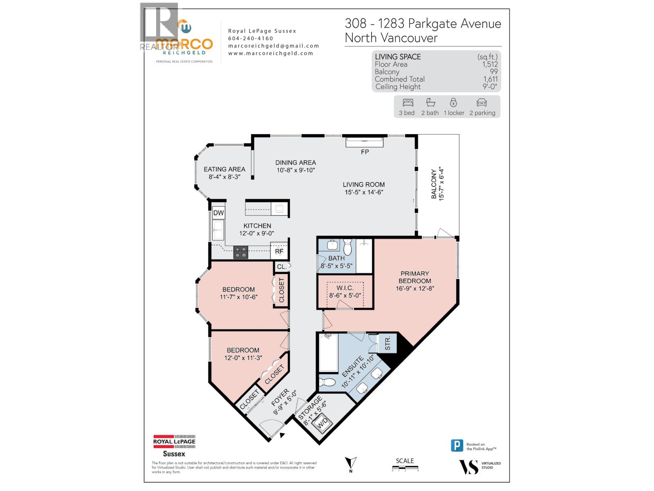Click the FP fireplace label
pyautogui.click(x=365, y=152)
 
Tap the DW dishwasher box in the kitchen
pyautogui.click(x=219, y=213)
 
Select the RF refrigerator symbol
pyautogui.click(x=279, y=251)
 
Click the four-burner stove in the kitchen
pyautogui.click(x=241, y=252)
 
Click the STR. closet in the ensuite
pyautogui.click(x=387, y=343)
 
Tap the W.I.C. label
pyautogui.click(x=345, y=288)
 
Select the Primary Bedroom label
pyautogui.click(x=414, y=277)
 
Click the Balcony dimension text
pyautogui.click(x=441, y=183)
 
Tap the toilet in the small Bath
pyautogui.click(x=347, y=248)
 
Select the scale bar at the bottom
pyautogui.click(x=405, y=468)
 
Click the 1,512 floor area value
pyautogui.click(x=490, y=64)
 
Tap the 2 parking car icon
pyautogui.click(x=482, y=102)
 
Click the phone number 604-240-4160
pyautogui.click(x=250, y=38)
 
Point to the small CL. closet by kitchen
pyautogui.click(x=281, y=267)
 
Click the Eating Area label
pyautogui.click(x=224, y=169)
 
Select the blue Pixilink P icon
pyautogui.click(x=457, y=446)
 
